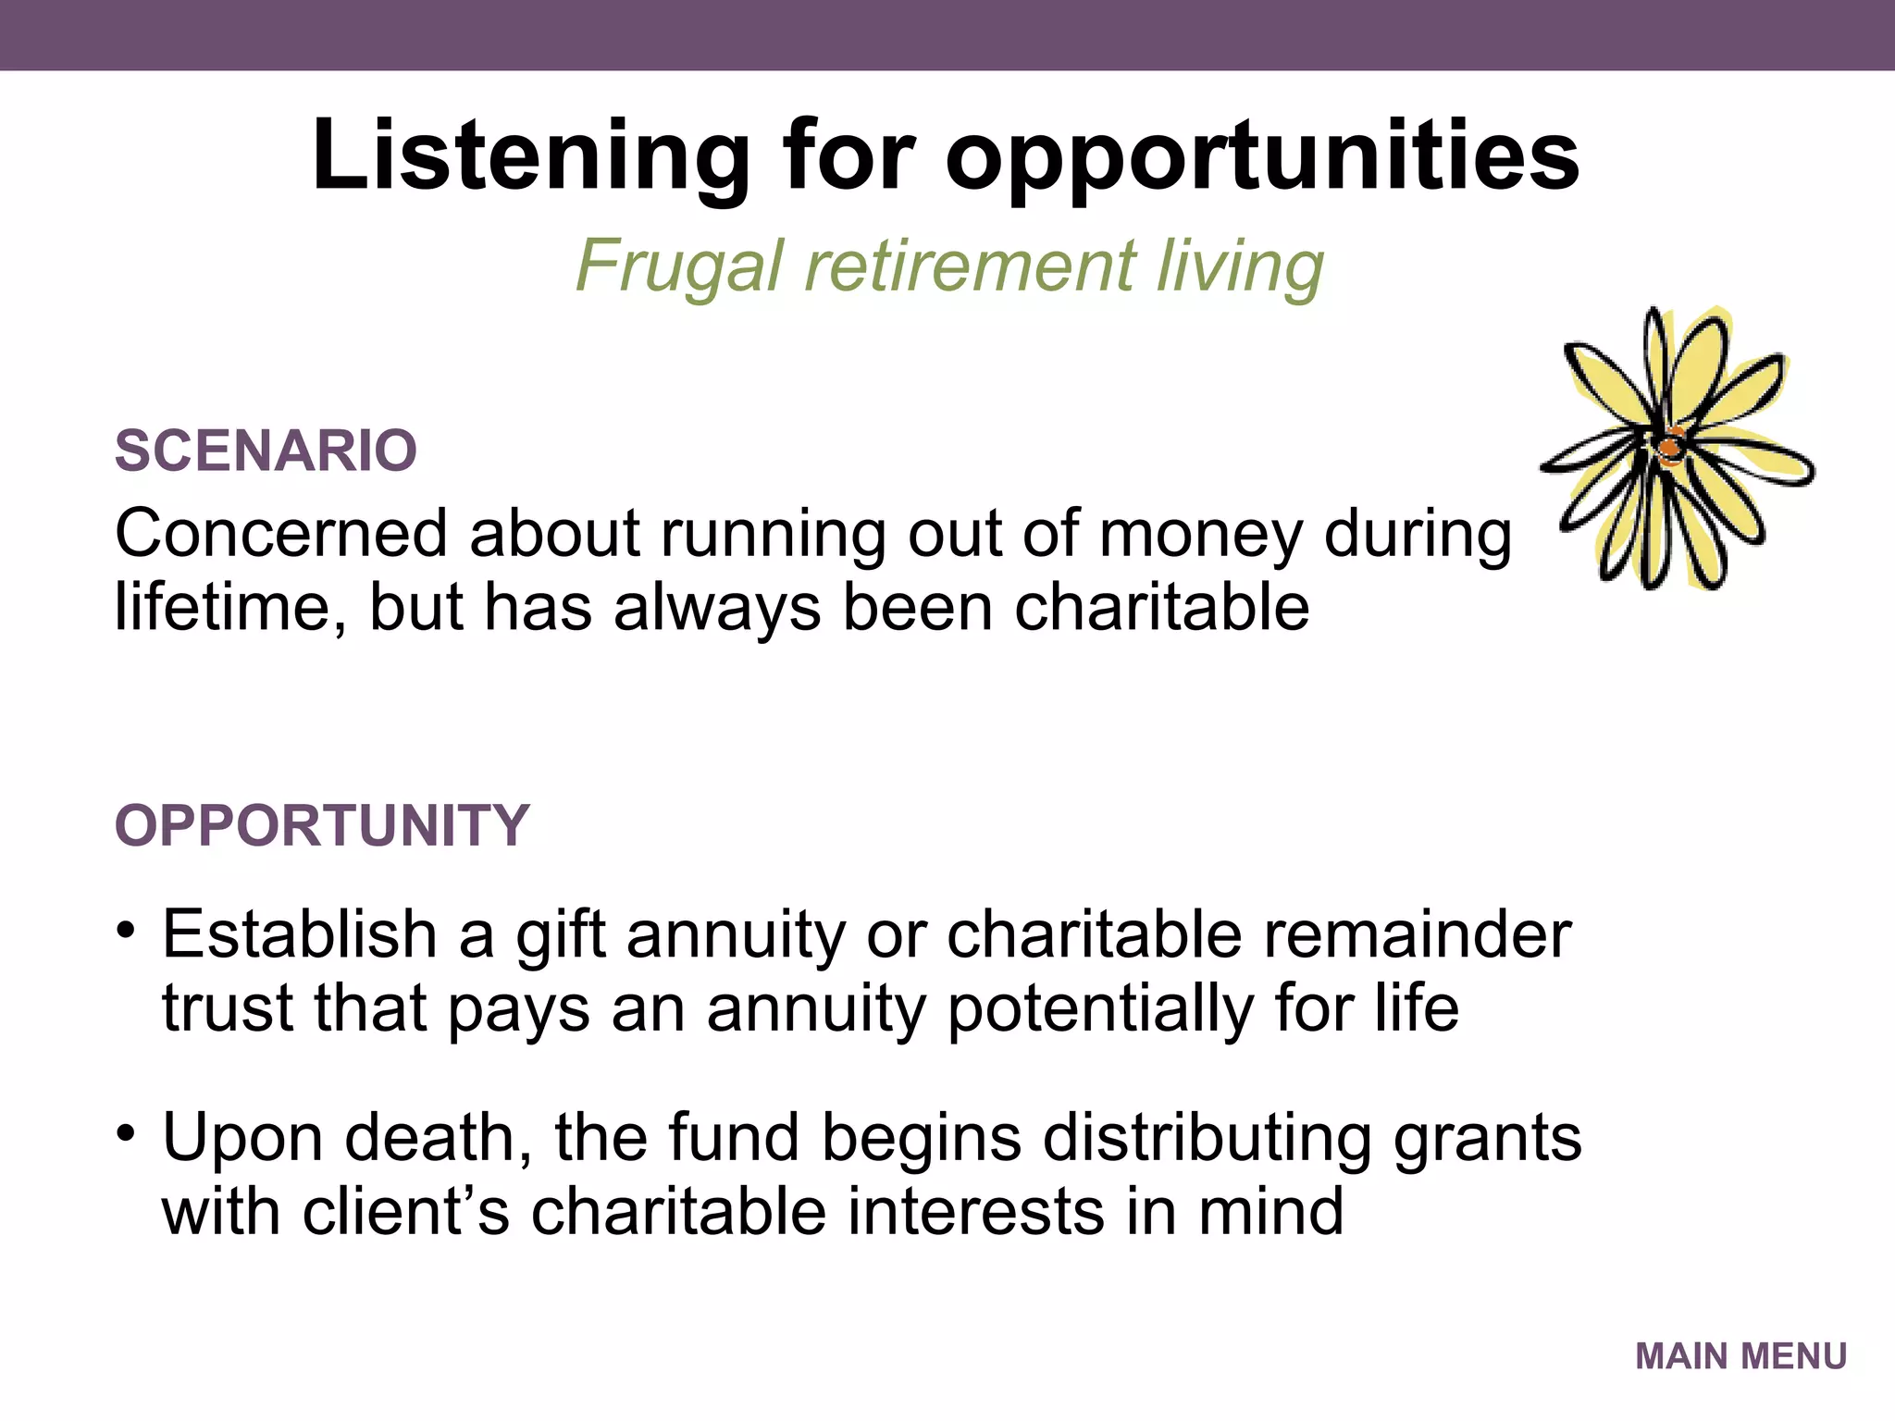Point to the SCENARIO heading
coord(266,451)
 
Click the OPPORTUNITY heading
coord(321,825)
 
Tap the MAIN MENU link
coord(1740,1356)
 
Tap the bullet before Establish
coord(127,930)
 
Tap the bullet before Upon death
coord(127,1132)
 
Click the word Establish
coord(300,934)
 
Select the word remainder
coord(1417,934)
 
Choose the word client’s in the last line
coord(404,1212)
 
